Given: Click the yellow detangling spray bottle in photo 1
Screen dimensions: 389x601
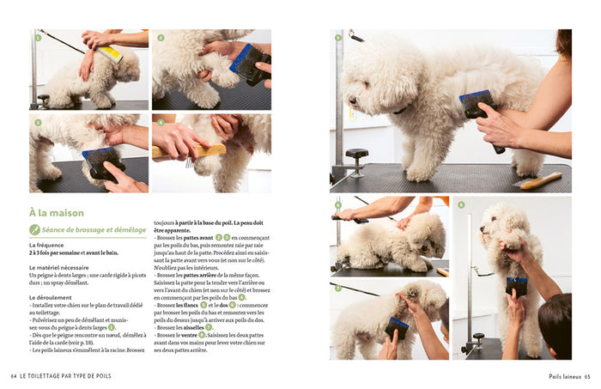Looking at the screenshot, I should pos(110,54).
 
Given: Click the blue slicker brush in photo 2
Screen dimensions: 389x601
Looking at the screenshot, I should pos(248,63).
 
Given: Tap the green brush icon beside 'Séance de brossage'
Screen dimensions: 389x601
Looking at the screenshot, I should pos(35,230).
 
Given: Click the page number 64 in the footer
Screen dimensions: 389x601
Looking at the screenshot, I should pos(14,375).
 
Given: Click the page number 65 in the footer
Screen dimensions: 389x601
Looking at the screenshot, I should pos(587,375).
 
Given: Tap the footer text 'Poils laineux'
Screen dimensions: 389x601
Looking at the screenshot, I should pos(565,375).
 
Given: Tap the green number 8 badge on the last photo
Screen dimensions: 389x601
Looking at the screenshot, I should pos(461,205).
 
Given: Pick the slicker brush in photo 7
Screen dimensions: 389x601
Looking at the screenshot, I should pos(397,327).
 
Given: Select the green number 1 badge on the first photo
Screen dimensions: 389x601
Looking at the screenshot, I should pos(38,38).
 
